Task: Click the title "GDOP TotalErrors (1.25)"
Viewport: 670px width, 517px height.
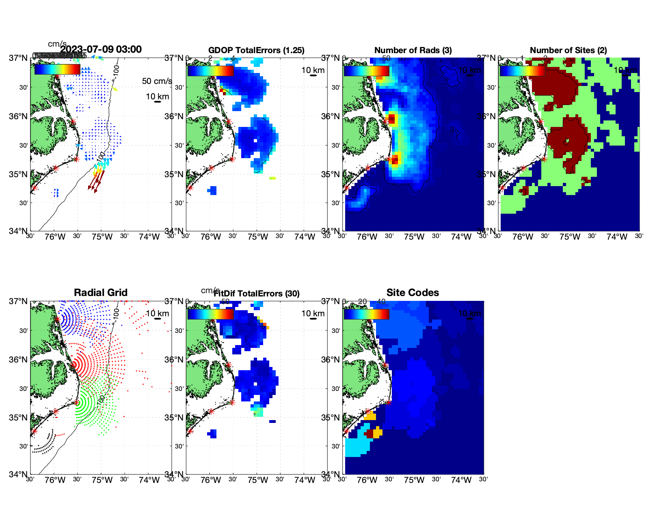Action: click(x=256, y=50)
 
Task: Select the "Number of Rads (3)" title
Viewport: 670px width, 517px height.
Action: click(x=413, y=50)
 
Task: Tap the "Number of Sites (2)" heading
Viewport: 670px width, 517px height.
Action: click(x=568, y=50)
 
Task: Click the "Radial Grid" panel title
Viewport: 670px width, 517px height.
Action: click(x=101, y=293)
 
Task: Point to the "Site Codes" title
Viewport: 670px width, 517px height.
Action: click(x=413, y=293)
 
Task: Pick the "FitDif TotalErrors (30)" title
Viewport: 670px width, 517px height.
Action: click(x=257, y=294)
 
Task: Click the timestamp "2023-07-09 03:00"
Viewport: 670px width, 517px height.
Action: click(x=101, y=49)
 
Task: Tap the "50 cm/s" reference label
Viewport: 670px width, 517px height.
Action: click(x=157, y=81)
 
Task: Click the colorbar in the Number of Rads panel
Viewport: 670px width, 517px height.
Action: click(x=366, y=71)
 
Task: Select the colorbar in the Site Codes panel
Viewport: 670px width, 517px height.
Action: click(x=366, y=314)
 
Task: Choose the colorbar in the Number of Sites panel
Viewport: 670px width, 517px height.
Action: click(x=522, y=71)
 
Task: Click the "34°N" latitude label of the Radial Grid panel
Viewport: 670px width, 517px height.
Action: click(x=19, y=474)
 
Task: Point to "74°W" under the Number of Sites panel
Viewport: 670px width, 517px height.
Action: click(x=617, y=237)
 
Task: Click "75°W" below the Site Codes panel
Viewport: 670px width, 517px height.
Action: click(x=414, y=480)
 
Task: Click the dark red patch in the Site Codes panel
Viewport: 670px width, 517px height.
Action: click(x=370, y=434)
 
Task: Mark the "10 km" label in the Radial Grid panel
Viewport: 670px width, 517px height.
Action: click(x=157, y=313)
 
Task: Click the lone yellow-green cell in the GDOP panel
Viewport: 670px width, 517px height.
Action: click(x=272, y=178)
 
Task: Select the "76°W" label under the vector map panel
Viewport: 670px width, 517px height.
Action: click(x=55, y=237)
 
